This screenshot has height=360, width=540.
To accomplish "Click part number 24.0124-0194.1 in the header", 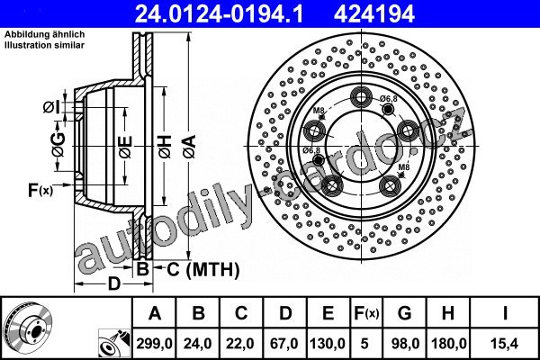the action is click(x=219, y=14).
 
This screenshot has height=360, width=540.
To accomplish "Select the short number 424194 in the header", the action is click(x=374, y=14).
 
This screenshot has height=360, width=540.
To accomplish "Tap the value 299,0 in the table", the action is click(x=154, y=344).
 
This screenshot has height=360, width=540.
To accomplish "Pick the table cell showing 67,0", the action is click(x=284, y=344).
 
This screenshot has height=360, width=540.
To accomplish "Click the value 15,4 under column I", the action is click(x=505, y=344).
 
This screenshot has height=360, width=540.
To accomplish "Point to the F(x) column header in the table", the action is click(x=366, y=313).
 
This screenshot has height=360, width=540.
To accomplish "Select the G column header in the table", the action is click(x=405, y=313).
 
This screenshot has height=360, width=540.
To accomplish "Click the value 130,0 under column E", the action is click(x=328, y=344).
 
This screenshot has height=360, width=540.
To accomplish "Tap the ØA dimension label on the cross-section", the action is click(x=190, y=147).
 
